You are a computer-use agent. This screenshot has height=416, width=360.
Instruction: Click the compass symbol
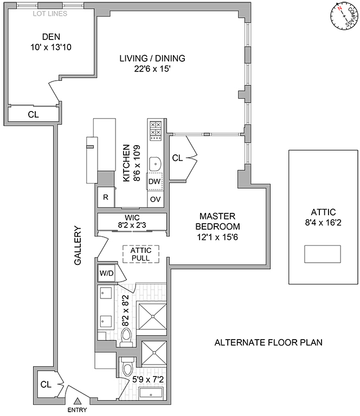tap(343, 18)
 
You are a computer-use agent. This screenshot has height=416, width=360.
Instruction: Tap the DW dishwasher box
tap(155, 182)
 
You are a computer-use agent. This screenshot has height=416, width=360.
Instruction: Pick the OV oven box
tap(155, 199)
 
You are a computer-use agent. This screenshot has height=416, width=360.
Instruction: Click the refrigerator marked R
tap(106, 198)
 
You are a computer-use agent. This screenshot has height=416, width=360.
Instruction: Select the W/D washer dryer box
tap(106, 273)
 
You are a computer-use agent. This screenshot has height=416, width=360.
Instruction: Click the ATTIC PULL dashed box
tap(140, 254)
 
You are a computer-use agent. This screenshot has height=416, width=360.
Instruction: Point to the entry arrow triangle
tap(78, 401)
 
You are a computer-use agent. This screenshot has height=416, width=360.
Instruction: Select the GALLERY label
tap(78, 245)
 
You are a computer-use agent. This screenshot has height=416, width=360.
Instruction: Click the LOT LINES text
tap(50, 14)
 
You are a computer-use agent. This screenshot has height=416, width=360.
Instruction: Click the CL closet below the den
tap(33, 114)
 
